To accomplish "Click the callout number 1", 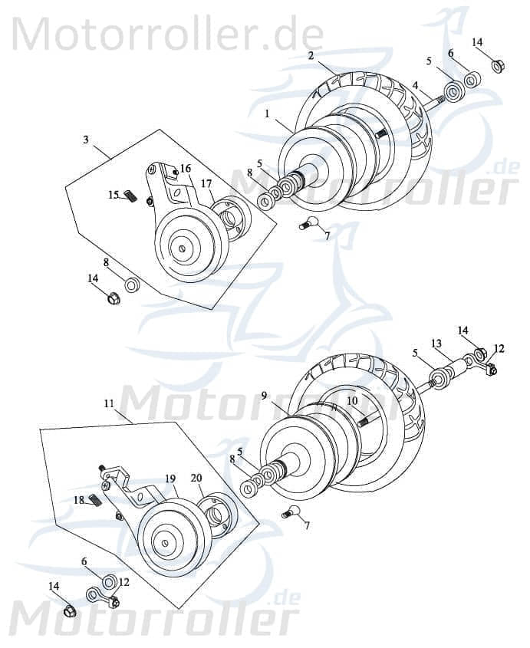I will click(x=266, y=113).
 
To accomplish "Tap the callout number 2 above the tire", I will click(x=311, y=55).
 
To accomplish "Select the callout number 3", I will click(x=86, y=140).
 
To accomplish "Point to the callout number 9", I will click(x=264, y=396).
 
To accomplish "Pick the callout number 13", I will click(x=436, y=343).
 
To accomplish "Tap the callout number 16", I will click(x=186, y=169).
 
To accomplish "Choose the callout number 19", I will click(x=170, y=478).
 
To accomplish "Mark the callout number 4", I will click(x=415, y=86).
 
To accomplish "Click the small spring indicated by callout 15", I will click(x=131, y=197).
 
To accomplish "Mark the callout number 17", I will click(x=206, y=183).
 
